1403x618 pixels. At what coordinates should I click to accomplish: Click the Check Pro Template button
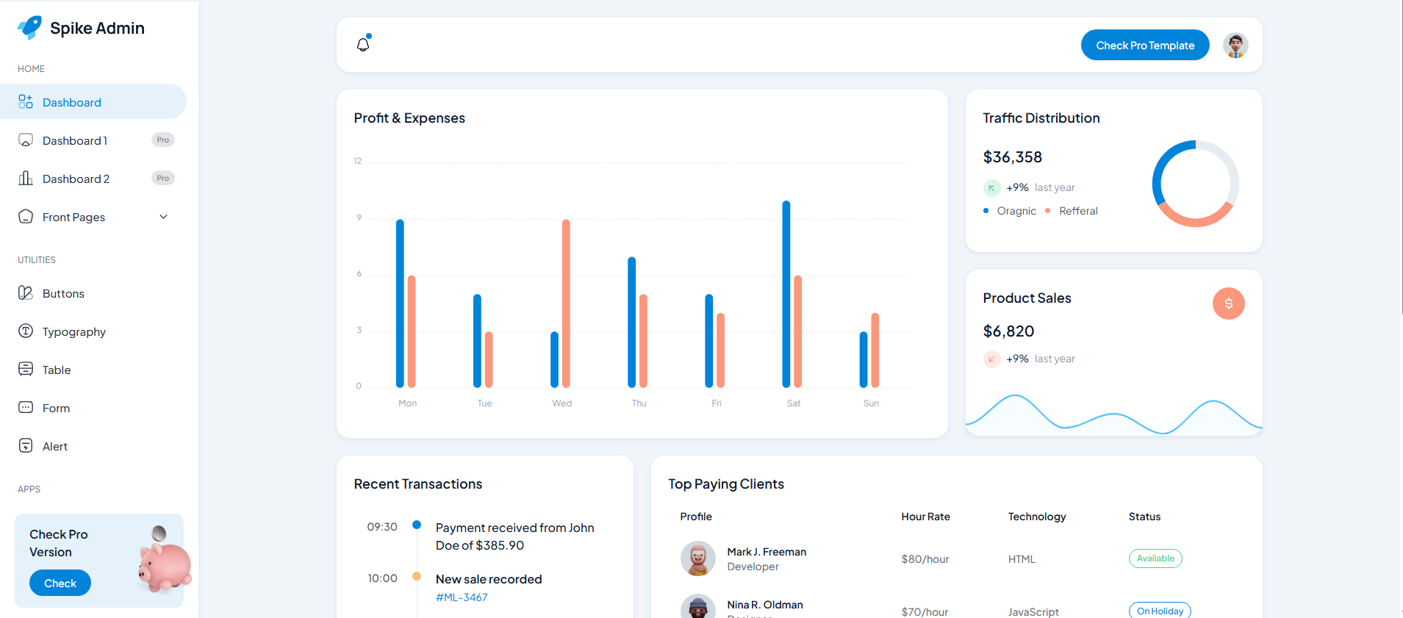pos(1144,46)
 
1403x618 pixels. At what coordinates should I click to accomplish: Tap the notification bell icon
pos(363,44)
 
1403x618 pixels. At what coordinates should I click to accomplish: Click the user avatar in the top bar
pos(1235,46)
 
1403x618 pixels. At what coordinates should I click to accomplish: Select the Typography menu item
pos(73,331)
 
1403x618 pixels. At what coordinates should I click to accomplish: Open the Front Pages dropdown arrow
pos(164,217)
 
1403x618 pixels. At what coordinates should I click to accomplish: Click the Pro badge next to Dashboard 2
pos(162,179)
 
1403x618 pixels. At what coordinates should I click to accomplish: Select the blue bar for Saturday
pos(786,294)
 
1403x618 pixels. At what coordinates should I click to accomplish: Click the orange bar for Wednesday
pos(566,303)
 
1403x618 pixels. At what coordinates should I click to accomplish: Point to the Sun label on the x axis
pos(871,403)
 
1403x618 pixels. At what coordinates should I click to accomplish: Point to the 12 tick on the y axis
pos(358,161)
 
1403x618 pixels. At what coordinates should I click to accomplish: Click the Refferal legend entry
pos(1077,211)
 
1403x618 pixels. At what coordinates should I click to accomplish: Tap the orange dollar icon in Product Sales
pos(1228,303)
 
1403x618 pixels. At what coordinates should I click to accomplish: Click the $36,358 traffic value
pos(1012,157)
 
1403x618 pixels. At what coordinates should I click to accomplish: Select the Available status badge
pos(1155,558)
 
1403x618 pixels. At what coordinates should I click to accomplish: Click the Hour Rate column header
pos(925,517)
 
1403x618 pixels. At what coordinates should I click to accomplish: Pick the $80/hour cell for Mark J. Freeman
pos(925,559)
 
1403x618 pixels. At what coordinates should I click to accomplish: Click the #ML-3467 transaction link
pos(462,597)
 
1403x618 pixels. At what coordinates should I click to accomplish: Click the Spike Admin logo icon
pos(30,28)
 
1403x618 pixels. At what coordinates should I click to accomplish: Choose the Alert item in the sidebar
pos(54,446)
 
